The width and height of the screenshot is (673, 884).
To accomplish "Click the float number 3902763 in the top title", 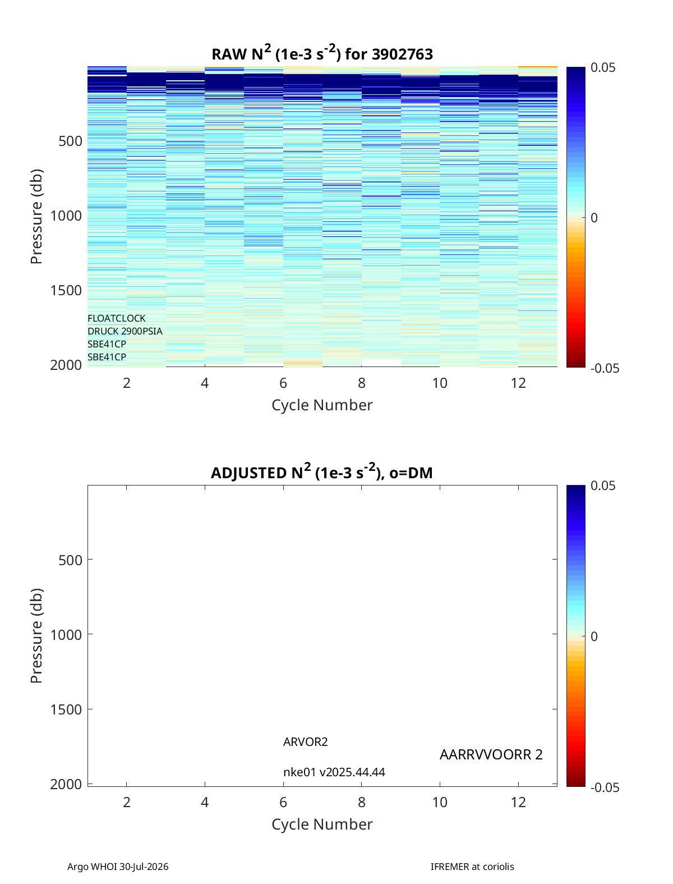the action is click(402, 54).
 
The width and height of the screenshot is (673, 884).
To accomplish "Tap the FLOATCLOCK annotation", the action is click(116, 318).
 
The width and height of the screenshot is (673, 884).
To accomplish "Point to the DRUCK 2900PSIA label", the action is click(125, 331).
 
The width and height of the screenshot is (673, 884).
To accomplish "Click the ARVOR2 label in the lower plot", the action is click(305, 741).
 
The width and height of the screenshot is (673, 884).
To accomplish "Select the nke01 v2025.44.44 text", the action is click(334, 772).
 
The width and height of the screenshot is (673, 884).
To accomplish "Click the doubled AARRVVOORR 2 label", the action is click(491, 754).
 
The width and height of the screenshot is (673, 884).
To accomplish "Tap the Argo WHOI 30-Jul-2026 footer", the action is click(117, 866).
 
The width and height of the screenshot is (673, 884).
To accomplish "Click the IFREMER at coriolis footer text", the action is click(472, 866).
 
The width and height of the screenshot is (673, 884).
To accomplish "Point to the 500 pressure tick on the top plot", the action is click(71, 141).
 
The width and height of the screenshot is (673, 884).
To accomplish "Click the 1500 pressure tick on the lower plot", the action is click(66, 709).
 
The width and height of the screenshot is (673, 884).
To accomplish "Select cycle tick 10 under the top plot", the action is click(440, 383).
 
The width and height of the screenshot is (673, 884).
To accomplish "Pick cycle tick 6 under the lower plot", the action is click(283, 802).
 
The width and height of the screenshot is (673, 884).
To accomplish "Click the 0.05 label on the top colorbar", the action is click(602, 67).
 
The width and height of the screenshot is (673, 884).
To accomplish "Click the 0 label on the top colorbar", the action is click(594, 218).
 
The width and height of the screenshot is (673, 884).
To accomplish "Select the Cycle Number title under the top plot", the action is click(322, 405).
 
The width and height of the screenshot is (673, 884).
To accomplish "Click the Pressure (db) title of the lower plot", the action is click(36, 635).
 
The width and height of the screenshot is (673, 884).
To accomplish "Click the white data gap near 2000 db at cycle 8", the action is click(381, 363).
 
